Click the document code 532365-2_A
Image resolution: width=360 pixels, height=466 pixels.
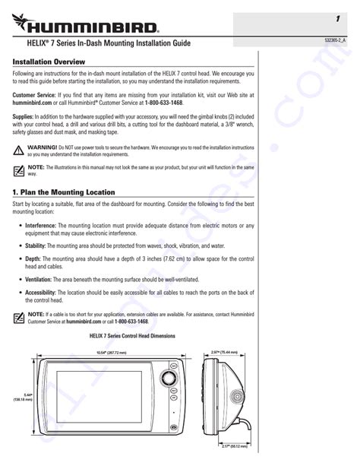334,40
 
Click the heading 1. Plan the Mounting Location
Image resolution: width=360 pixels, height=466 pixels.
64,192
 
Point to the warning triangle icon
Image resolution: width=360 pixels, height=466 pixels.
18,146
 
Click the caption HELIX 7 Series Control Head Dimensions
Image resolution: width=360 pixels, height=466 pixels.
132,335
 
